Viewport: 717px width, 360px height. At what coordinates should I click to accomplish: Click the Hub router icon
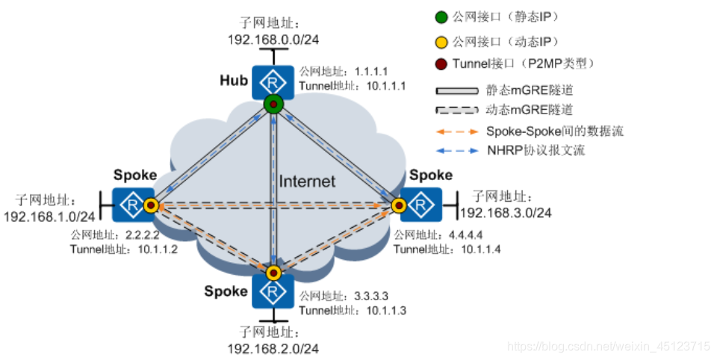tap(273, 80)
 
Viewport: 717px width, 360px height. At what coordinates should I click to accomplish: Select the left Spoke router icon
tap(130, 202)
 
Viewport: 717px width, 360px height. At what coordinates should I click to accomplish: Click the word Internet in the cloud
tap(307, 181)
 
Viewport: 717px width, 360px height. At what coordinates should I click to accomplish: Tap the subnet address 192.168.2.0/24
tap(275, 348)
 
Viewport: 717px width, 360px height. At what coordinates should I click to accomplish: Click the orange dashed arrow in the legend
tap(456, 131)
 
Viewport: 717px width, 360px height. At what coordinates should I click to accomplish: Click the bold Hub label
tap(234, 80)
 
